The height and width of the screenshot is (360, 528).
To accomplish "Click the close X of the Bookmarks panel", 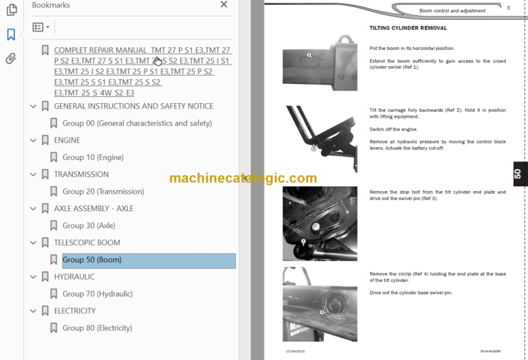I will pos(223,5).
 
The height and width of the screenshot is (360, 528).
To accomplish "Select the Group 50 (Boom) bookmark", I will pos(91,260).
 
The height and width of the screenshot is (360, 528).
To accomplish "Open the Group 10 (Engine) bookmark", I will pos(93,157).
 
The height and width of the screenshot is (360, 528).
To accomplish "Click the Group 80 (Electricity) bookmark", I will pos(97,328).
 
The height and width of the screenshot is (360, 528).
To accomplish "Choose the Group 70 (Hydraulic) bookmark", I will pos(97,293).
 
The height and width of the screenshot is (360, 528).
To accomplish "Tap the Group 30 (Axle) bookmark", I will pos(89,225).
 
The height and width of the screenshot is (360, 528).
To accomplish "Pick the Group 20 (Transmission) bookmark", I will pos(103,192).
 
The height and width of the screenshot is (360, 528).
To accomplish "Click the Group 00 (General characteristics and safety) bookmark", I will pos(137,124).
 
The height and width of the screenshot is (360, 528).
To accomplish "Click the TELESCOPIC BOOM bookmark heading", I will pos(87,243).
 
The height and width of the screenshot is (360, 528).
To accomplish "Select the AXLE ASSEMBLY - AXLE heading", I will pos(93,208).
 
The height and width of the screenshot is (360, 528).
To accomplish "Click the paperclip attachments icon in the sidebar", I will pos(11,58).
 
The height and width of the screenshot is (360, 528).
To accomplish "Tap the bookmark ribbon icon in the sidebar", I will pos(11,34).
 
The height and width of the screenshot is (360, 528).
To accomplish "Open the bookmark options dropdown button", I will pos(41,27).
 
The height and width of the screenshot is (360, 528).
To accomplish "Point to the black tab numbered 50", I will pos(517,175).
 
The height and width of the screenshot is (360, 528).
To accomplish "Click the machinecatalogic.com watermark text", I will pos(243,178).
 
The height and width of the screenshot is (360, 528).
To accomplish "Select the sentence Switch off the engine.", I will pos(393,129).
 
